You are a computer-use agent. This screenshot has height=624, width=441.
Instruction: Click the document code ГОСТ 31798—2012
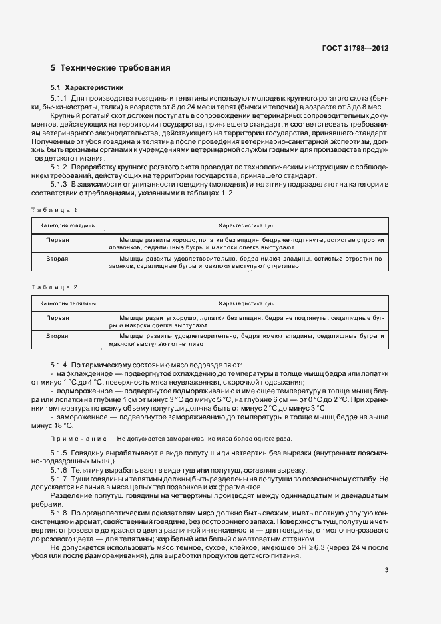tap(355, 49)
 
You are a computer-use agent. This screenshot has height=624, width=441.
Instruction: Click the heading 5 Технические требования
tap(110, 68)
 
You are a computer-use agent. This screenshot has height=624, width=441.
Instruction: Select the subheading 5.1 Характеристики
tap(87, 88)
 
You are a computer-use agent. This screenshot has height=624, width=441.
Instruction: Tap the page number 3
tap(387, 551)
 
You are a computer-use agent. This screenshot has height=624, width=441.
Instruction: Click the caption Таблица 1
tap(55, 210)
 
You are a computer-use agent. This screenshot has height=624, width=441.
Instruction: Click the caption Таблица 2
tap(55, 287)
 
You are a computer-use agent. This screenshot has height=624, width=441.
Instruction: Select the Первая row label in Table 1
tap(57, 239)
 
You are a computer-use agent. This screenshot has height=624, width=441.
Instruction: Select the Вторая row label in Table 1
tap(57, 257)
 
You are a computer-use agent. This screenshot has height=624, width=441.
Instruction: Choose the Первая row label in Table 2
tap(57, 317)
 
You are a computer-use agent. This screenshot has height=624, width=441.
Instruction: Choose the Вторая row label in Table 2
tap(57, 336)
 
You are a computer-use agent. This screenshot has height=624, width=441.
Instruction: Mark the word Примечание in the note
tap(73, 439)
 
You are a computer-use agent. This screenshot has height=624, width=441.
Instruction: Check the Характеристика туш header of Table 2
tap(247, 303)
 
